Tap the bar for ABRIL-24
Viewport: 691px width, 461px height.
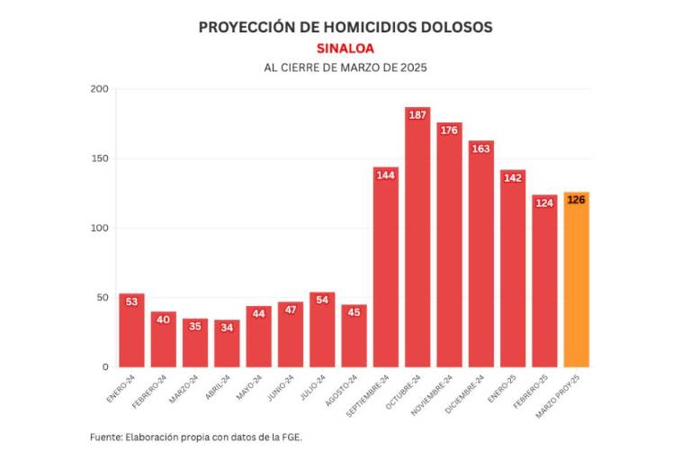[227, 343]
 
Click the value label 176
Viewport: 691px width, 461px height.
[449, 131]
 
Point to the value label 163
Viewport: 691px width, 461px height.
[480, 149]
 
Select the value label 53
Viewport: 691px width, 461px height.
[131, 302]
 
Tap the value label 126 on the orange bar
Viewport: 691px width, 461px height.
[576, 200]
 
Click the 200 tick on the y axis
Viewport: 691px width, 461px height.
[99, 89]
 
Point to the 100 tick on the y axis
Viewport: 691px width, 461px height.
[99, 228]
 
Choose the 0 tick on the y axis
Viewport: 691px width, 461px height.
[104, 367]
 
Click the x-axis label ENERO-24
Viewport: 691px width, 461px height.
[121, 385]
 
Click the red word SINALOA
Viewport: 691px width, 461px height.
[345, 48]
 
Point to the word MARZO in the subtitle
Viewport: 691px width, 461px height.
[358, 68]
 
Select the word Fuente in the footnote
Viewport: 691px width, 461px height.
[106, 438]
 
